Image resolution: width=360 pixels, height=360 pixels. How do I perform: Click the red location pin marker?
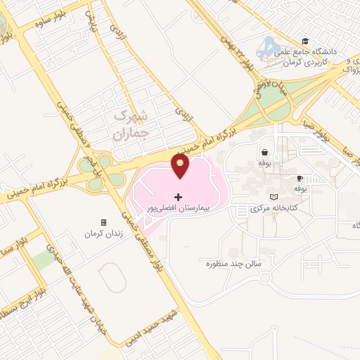180,165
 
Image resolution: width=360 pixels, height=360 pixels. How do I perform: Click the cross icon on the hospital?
178,196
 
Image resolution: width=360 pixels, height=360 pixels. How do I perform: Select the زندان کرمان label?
103,233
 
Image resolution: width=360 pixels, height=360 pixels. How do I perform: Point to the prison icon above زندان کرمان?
104,222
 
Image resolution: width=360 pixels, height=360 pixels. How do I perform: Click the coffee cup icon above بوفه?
300,179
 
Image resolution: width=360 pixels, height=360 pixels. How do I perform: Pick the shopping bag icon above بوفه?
264,152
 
